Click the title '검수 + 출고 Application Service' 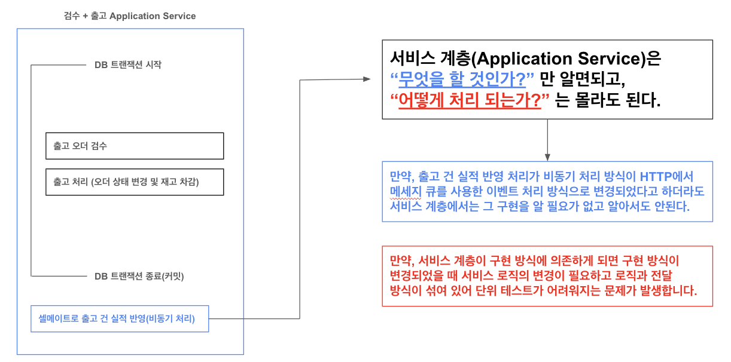point(130,16)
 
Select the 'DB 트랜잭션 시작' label point(127,65)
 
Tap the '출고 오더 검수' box point(135,146)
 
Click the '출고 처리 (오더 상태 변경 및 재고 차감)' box point(135,182)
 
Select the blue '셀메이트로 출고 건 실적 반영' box point(120,319)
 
